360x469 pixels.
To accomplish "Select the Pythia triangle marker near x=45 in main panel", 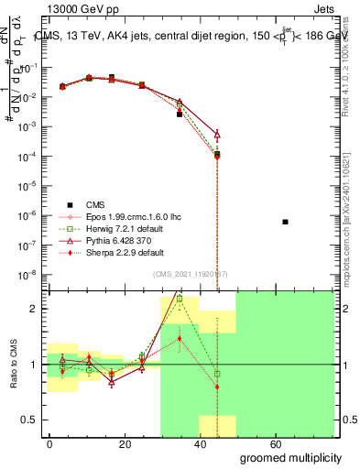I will [x=217, y=134].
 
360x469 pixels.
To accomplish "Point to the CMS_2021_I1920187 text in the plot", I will [x=191, y=274].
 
